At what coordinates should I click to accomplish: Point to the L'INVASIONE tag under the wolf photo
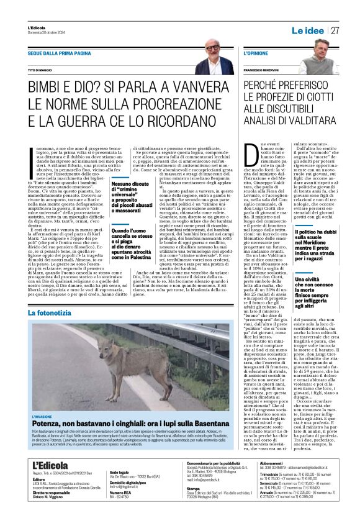pyautogui.click(x=44, y=416)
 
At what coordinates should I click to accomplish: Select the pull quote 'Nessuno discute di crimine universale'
pyautogui.click(x=132, y=197)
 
